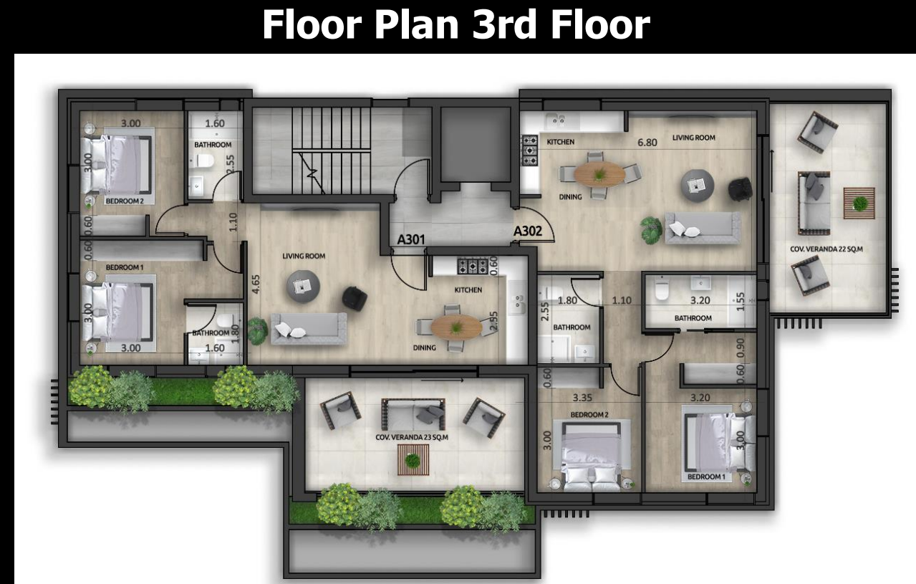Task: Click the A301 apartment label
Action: tap(411, 239)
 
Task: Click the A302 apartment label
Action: tap(528, 231)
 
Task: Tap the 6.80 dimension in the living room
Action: tap(647, 143)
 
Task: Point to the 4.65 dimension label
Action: tap(256, 284)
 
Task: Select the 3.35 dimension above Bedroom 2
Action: tap(583, 398)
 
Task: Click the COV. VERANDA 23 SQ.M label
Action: tap(412, 437)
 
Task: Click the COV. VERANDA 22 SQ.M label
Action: tap(826, 249)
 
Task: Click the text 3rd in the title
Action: tap(503, 24)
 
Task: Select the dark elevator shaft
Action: tap(476, 144)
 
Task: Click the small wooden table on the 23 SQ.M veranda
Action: tap(413, 459)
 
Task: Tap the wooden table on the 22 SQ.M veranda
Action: tap(859, 203)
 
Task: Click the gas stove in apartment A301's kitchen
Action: tap(473, 266)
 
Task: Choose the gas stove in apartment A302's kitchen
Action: tap(529, 150)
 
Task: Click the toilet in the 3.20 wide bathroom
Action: tap(662, 289)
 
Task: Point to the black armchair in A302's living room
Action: tap(740, 189)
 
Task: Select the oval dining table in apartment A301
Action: tap(456, 327)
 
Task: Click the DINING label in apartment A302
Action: tap(571, 197)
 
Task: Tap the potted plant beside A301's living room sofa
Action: tap(258, 330)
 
